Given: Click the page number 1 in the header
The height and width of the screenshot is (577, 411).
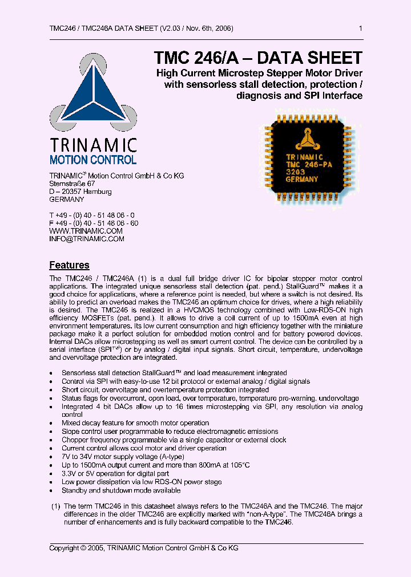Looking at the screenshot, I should pos(360,29).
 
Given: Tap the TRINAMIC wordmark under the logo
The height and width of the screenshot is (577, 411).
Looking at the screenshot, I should pos(93,145).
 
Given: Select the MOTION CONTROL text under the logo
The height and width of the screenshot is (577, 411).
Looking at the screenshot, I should pos(93,160).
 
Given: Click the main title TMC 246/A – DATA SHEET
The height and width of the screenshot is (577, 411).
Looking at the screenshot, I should pos(258,58).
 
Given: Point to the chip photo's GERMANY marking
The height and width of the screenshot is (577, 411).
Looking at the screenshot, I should pos(301,179).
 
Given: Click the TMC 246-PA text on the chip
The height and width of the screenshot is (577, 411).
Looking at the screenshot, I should pos(308,164).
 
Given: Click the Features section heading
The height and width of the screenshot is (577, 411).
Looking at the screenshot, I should pos(69,265).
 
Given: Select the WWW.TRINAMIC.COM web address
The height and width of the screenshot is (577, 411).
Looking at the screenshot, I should pos(86,231).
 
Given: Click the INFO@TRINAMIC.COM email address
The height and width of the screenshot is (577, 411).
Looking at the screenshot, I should pos(87,239).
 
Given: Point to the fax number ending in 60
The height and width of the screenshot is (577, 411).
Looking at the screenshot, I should pos(94,223).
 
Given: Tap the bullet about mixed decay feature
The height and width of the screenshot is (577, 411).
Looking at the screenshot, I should pos(135,423).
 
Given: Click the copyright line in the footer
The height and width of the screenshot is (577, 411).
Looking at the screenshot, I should pos(144,548).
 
